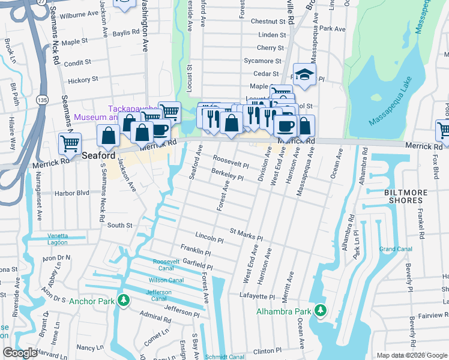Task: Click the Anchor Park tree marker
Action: click(x=124, y=300)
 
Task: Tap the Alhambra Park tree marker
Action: click(x=321, y=311)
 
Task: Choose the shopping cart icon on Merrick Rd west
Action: click(x=70, y=144)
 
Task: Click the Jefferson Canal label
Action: click(x=159, y=295)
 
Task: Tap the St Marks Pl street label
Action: click(x=246, y=234)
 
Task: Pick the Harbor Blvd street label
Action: click(x=71, y=193)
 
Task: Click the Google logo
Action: click(x=20, y=353)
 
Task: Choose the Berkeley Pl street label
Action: click(x=227, y=174)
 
